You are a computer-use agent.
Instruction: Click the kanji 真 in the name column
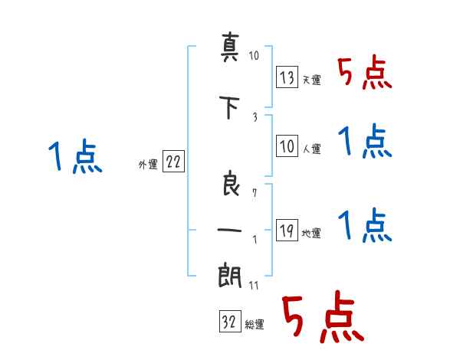coord(230,47)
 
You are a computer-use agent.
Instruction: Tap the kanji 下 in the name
coord(230,107)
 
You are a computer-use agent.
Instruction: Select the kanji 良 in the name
coord(231,184)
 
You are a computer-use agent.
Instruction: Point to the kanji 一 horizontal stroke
coord(229,230)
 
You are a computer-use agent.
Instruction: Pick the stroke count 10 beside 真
coord(254,55)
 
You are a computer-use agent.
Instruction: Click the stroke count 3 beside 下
coord(255,117)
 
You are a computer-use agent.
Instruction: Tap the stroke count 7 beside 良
coord(255,193)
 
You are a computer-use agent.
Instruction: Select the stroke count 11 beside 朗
coord(254,285)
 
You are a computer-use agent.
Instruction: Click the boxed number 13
coord(287,77)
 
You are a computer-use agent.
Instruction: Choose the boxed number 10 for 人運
coord(287,146)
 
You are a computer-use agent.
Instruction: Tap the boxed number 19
coord(287,230)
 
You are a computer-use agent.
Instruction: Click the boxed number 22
coord(173,161)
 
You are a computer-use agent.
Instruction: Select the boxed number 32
coord(230,321)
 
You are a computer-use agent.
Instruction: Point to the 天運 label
coord(311,80)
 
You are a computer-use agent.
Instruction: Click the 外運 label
coord(148,165)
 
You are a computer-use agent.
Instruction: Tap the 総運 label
coord(255,325)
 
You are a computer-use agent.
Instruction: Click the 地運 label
coord(311,234)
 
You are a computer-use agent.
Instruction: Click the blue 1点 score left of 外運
coord(75,156)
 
